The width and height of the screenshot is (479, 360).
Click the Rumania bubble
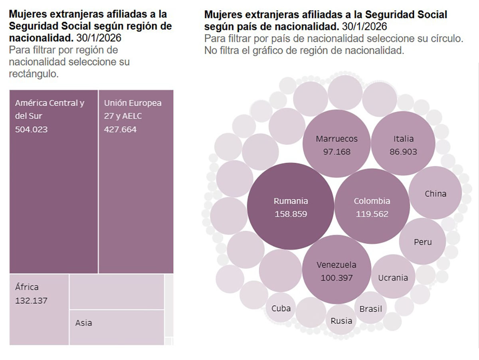pos(290,207)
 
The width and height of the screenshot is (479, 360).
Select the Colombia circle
pos(372,206)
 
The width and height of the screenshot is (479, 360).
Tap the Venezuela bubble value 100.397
pos(336,277)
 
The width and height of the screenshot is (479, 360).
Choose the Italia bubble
pos(403,144)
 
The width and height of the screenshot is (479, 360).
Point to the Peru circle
pos(422,241)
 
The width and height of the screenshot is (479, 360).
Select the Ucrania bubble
pos(393,277)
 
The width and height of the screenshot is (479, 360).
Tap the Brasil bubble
pos(370,308)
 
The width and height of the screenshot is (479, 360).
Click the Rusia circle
pos(341,320)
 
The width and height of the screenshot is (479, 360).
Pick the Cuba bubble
pos(281,308)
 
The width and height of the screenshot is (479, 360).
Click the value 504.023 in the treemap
pos(31,129)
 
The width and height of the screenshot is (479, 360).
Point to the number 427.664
pos(120,129)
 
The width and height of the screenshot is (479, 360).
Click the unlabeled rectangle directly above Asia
pos(117,291)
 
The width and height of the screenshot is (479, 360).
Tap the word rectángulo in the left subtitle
pos(34,74)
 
